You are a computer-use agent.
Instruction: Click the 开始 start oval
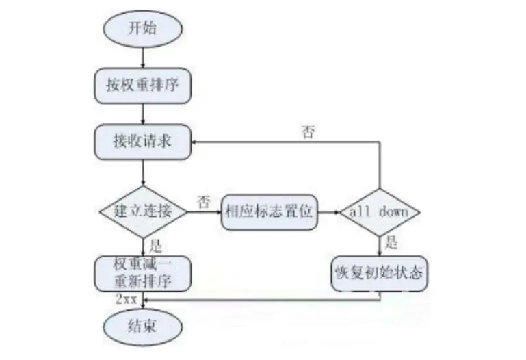(142, 28)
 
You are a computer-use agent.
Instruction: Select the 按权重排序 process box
(142, 84)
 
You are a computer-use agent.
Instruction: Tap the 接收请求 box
(142, 142)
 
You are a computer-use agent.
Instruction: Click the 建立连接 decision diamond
(142, 211)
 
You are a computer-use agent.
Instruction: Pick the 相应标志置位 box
(269, 211)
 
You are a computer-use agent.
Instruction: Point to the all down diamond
(379, 211)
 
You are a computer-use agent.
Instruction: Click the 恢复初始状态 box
(378, 273)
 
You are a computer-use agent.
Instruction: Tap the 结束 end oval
(142, 324)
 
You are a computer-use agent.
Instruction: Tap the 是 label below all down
(391, 243)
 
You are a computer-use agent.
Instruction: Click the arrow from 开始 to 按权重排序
(142, 57)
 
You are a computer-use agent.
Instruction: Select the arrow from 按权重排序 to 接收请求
(142, 114)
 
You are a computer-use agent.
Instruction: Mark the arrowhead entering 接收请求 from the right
(195, 142)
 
